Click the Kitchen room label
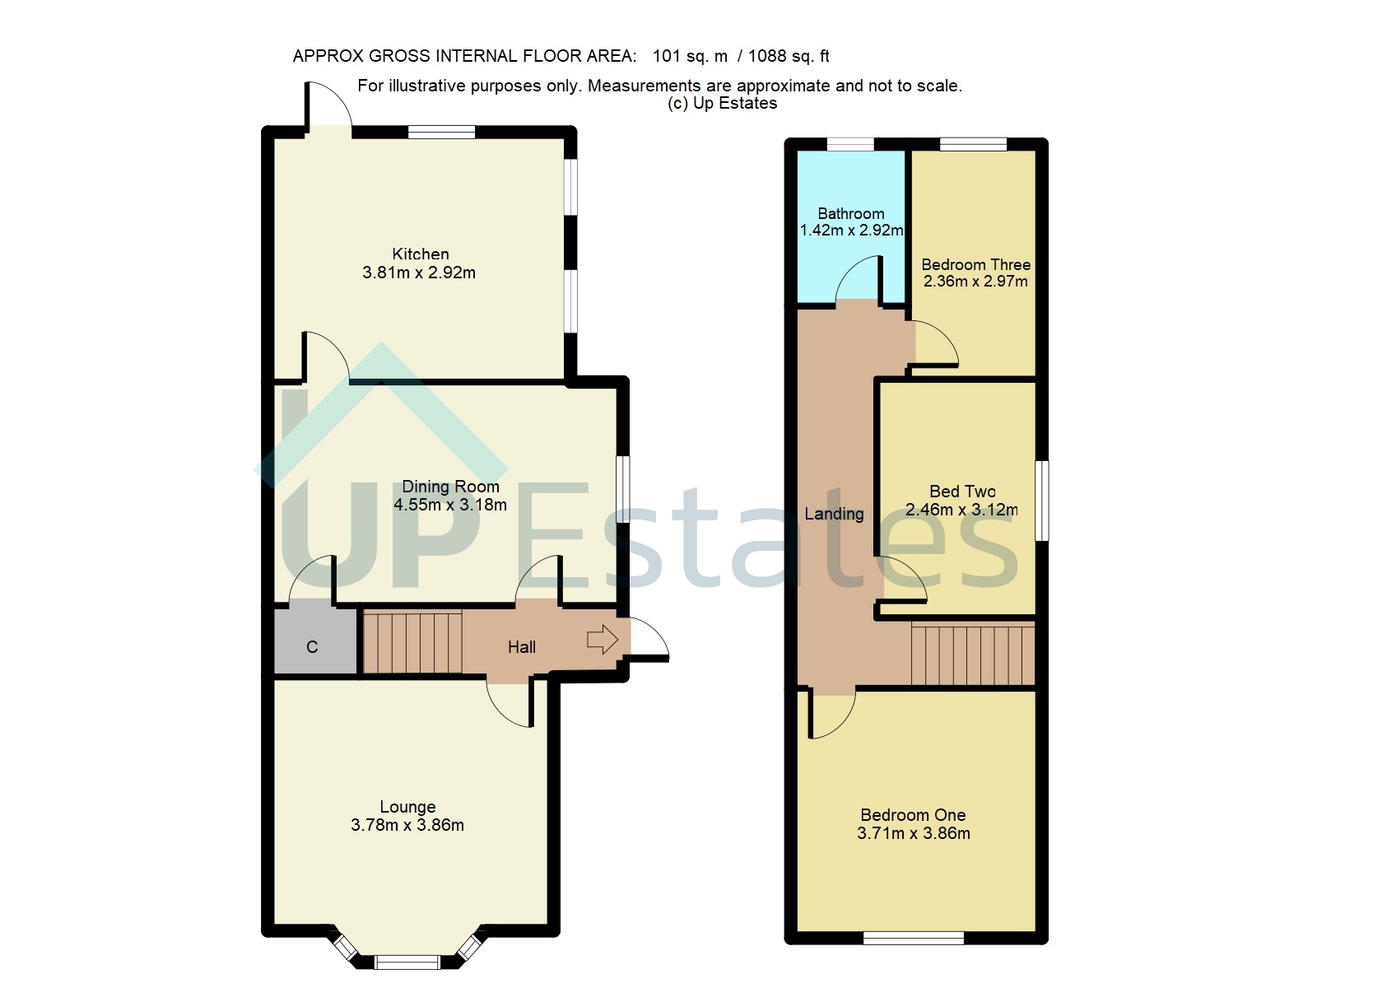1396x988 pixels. pos(420,254)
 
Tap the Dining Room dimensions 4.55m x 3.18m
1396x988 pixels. pos(449,505)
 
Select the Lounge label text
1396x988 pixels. pos(407,807)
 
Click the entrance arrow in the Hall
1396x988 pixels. pos(603,639)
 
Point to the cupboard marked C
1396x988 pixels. pos(312,647)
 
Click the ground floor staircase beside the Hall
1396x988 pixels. pos(412,642)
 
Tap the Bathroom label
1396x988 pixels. pos(850,213)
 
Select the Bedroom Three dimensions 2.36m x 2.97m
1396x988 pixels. pos(975,282)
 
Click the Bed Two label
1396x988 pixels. pos(962,492)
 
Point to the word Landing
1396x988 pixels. pos(834,514)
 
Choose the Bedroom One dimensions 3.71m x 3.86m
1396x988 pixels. pos(913,833)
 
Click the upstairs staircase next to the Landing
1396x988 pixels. pos(972,655)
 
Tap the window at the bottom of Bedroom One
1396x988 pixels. pos(913,937)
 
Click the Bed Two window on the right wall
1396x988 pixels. pos(1041,501)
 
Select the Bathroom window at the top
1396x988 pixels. pos(849,144)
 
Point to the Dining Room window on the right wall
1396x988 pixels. pos(623,489)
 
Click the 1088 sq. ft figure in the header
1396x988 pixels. pos(789,56)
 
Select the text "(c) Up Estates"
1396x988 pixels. pos(722,103)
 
